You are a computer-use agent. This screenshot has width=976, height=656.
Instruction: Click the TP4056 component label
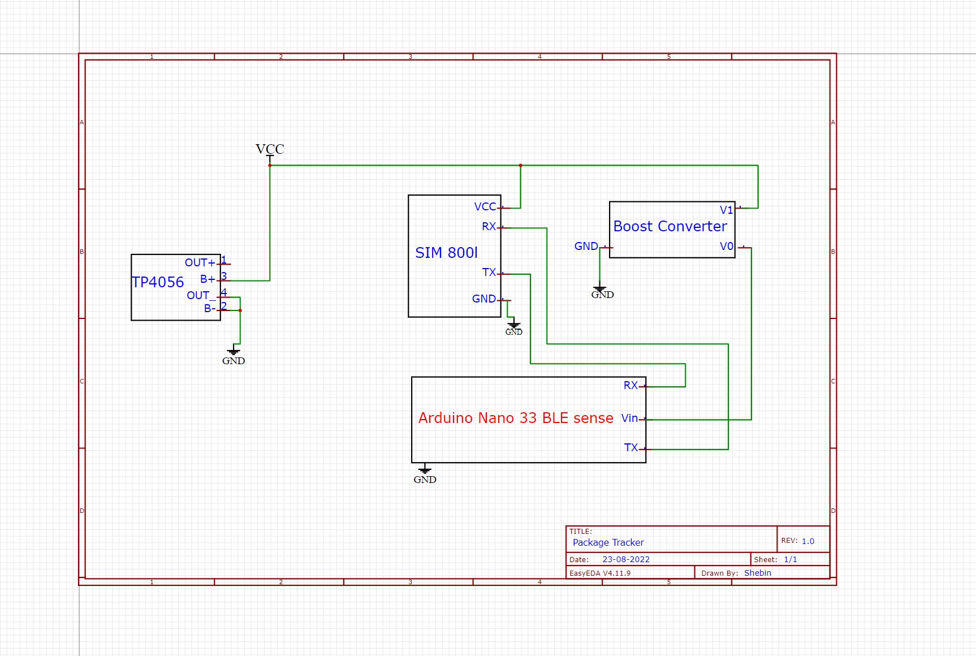[158, 282]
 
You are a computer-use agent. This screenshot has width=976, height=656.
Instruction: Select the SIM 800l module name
[446, 253]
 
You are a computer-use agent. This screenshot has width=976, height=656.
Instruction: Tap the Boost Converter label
[670, 226]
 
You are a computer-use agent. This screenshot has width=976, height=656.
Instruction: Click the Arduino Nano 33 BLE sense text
[516, 418]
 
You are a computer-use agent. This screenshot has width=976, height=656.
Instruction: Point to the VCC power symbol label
[270, 149]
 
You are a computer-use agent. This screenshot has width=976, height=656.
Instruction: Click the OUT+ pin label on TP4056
[200, 262]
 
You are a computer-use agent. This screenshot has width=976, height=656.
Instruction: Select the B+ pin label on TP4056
[208, 279]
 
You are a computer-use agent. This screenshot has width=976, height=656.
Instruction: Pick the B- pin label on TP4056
[210, 308]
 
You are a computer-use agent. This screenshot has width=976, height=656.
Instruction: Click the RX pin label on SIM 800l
[489, 227]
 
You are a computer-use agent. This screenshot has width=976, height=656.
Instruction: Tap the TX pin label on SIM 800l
[489, 273]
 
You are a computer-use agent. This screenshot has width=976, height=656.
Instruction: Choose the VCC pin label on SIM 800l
[485, 207]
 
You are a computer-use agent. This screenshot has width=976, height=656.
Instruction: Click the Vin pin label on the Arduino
[629, 418]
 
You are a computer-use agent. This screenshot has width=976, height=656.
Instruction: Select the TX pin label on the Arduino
[631, 448]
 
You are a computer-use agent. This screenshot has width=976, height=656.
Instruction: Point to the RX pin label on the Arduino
[630, 386]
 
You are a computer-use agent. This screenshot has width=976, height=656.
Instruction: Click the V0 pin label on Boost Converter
[727, 247]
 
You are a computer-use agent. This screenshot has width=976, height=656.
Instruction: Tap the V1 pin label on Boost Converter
[727, 210]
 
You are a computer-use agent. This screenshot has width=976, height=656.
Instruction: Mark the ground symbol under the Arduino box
[425, 470]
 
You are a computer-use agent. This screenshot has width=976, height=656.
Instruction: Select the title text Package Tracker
[608, 543]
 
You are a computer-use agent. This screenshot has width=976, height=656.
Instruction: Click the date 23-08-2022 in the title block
[626, 559]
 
